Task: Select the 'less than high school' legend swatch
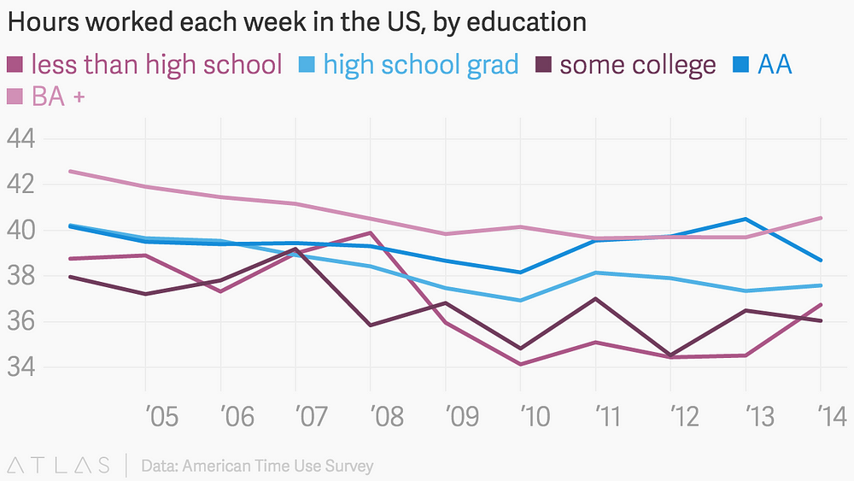coord(15,64)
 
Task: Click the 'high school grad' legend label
coord(420,64)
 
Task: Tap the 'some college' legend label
coord(638,64)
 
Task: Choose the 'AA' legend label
coord(775,64)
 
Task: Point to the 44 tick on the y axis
coord(23,138)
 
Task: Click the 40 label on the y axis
coord(23,230)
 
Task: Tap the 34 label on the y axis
coord(23,367)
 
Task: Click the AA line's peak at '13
coord(746,219)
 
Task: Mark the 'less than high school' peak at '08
coord(371,232)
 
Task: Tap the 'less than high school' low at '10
coord(521,365)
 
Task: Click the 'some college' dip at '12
coord(671,355)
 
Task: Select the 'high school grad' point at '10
coord(521,300)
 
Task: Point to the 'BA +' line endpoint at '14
coord(821,218)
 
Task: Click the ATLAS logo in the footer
coord(58,466)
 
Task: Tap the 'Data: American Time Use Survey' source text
coord(257,466)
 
